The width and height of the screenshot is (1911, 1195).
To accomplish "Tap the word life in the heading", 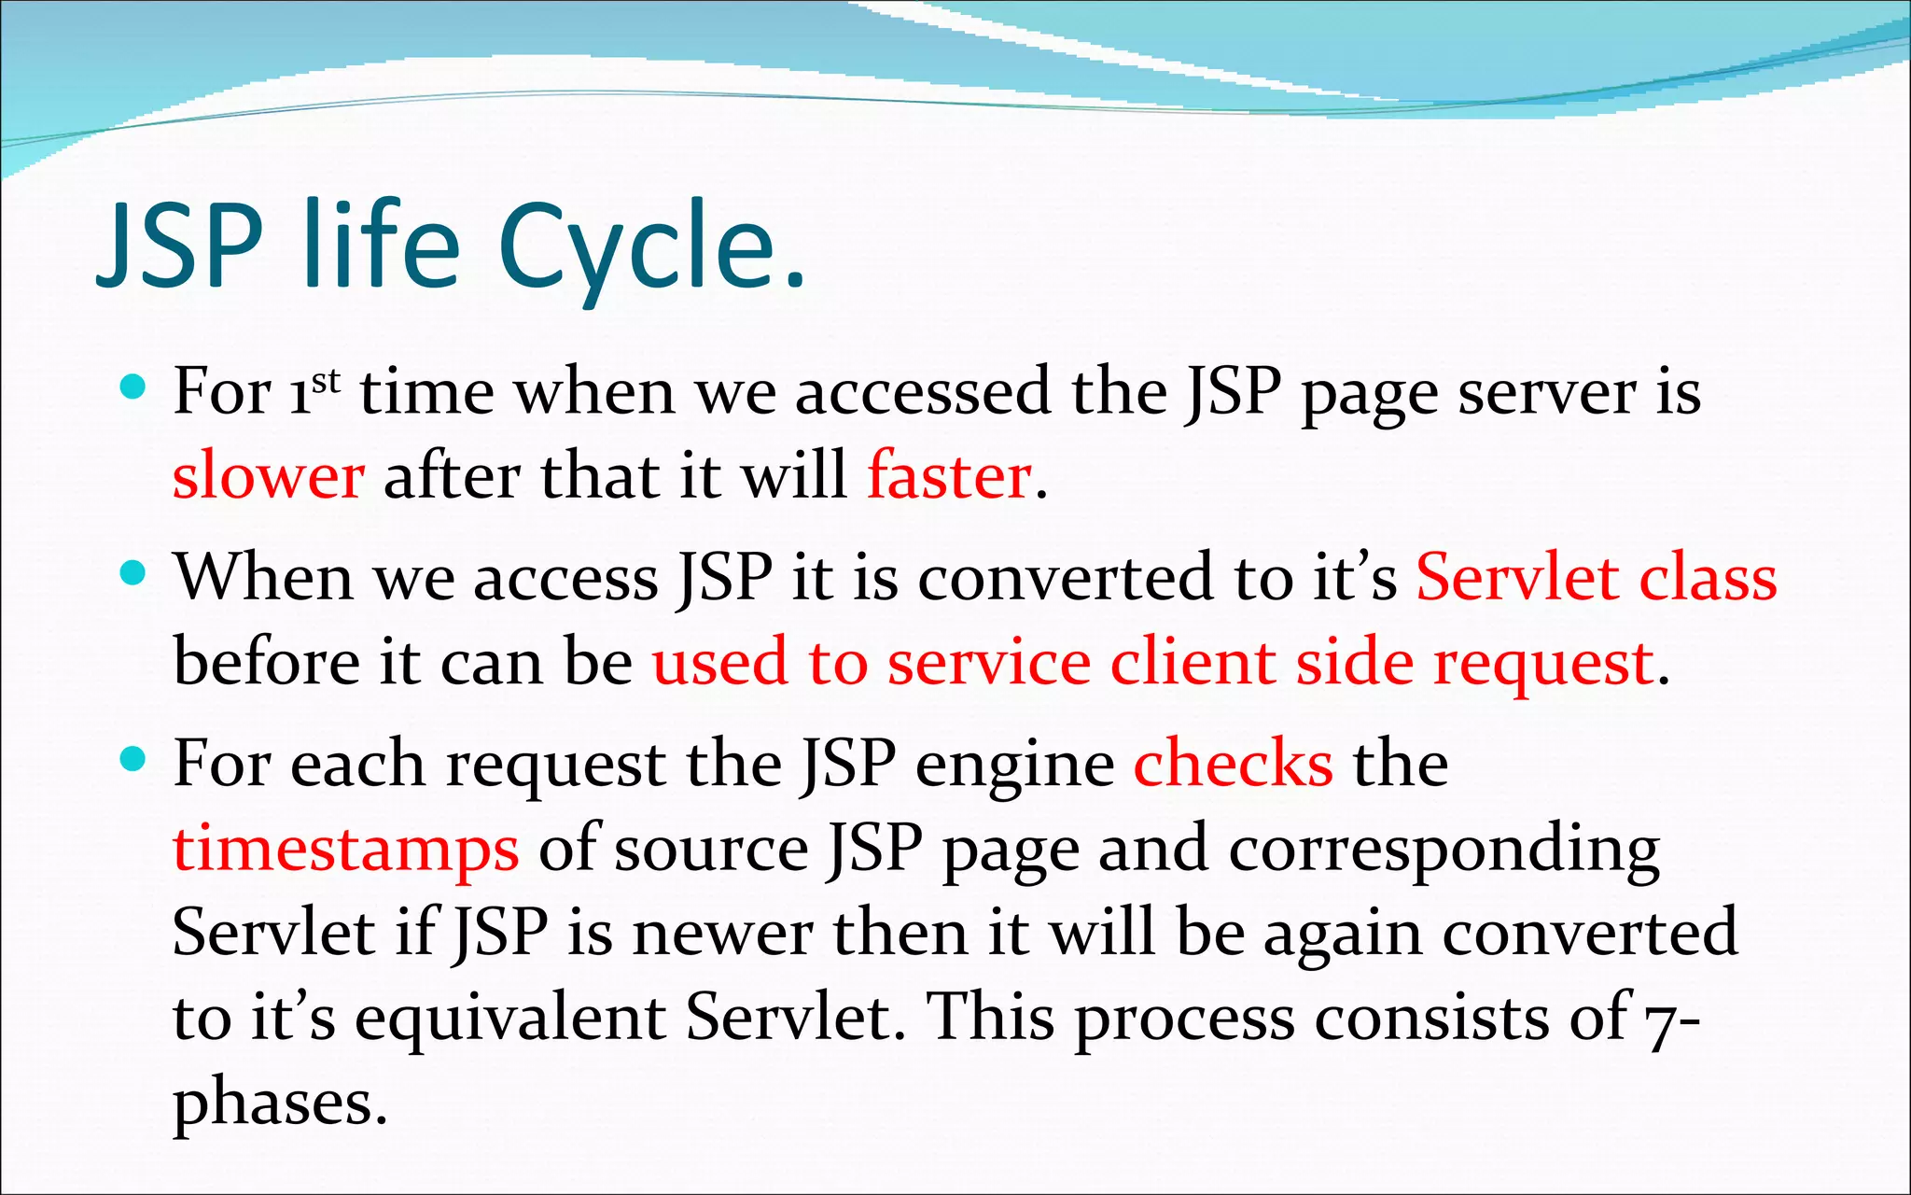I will (382, 245).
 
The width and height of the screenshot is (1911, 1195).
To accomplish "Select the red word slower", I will (269, 476).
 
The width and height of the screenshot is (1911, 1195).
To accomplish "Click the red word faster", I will (949, 476).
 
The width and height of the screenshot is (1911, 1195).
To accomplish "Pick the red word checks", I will (1233, 765).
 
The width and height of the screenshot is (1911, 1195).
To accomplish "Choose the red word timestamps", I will (345, 851).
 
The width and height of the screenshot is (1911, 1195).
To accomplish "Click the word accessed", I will (922, 392).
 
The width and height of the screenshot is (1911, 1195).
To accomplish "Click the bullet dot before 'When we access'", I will (134, 572).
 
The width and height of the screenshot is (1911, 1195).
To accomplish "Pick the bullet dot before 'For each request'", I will (134, 759).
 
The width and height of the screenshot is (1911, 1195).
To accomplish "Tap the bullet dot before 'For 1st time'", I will (134, 387).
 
